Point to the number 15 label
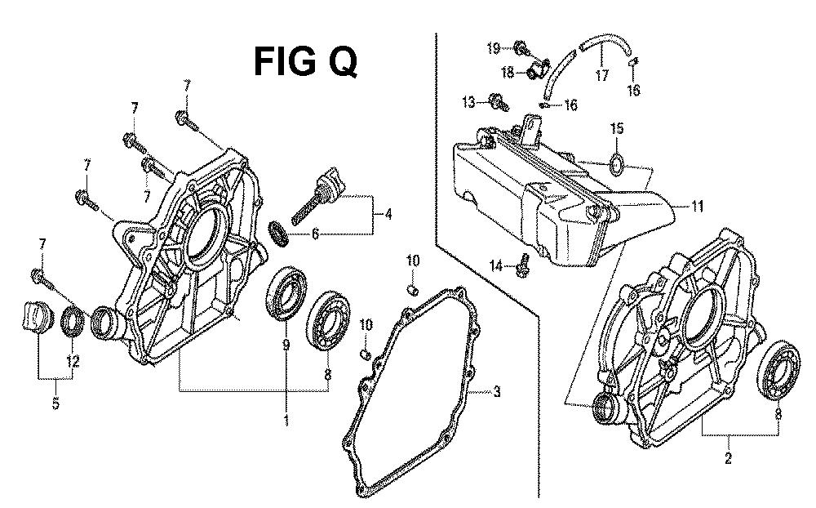click(x=617, y=128)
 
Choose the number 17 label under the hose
click(x=601, y=77)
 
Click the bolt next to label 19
click(x=521, y=48)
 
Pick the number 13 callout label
click(x=468, y=101)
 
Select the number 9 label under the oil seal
click(x=286, y=345)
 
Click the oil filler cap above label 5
click(x=35, y=317)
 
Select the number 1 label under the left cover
click(x=286, y=421)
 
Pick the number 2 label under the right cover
click(x=728, y=458)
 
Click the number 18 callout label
click(x=507, y=73)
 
